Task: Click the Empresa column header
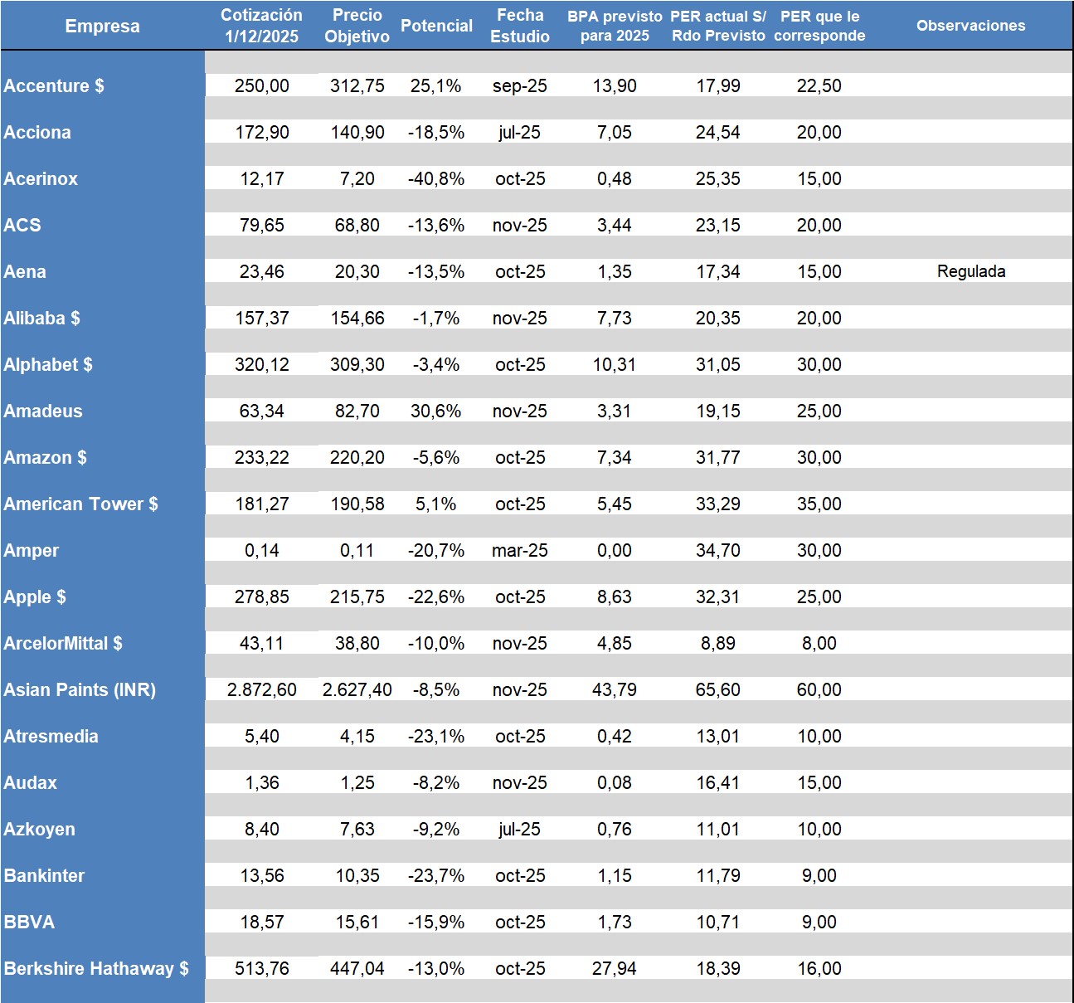click(x=102, y=26)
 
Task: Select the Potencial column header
click(x=436, y=26)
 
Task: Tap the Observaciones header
click(x=970, y=26)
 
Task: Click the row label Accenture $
click(x=54, y=85)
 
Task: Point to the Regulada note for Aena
click(x=971, y=271)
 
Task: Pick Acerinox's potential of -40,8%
click(x=436, y=178)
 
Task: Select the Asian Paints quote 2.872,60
click(x=261, y=689)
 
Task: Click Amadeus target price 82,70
click(x=357, y=411)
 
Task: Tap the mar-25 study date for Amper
click(x=519, y=550)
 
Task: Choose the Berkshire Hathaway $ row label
click(x=96, y=968)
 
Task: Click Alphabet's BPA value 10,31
click(x=614, y=364)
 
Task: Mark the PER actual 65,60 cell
click(x=717, y=689)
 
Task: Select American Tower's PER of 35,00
click(x=819, y=504)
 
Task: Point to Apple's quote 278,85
click(x=261, y=596)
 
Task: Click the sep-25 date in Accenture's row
click(x=519, y=85)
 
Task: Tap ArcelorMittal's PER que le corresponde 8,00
click(x=819, y=643)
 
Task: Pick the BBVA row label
click(x=29, y=922)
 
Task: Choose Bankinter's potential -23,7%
click(x=436, y=875)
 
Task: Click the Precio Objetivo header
click(x=357, y=26)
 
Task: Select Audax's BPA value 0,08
click(x=614, y=782)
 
